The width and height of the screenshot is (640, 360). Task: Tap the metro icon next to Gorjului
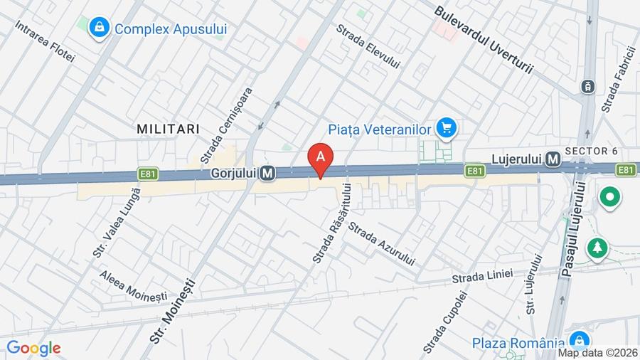(x=267, y=173)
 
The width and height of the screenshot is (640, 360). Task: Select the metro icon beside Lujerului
(x=553, y=160)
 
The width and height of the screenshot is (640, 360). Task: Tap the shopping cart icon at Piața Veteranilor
(x=447, y=128)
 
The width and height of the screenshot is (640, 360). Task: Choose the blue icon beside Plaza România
(x=580, y=340)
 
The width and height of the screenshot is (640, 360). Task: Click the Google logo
(x=33, y=348)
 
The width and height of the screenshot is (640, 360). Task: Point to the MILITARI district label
(x=168, y=129)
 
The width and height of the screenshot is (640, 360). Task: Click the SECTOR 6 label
(x=591, y=151)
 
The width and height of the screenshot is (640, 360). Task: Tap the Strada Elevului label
(x=368, y=47)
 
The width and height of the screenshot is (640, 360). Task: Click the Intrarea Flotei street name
(x=44, y=40)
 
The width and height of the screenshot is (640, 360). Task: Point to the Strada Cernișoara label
(x=227, y=124)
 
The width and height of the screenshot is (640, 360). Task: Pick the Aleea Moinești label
(x=133, y=285)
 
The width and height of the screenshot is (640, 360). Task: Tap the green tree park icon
(x=596, y=248)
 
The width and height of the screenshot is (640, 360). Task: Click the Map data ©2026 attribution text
(x=597, y=353)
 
